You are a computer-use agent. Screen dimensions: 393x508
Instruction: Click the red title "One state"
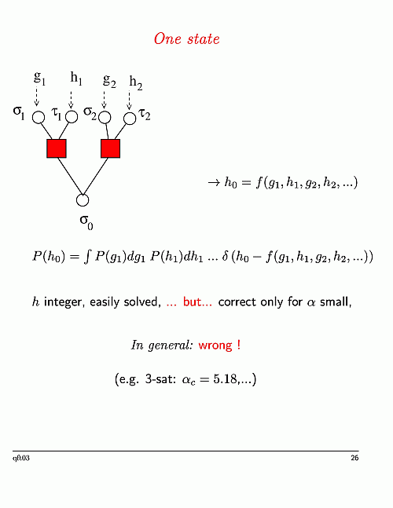pyautogui.click(x=187, y=39)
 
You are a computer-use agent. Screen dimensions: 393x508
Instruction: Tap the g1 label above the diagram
pyautogui.click(x=39, y=78)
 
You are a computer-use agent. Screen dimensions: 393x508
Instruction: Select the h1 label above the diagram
pyautogui.click(x=76, y=79)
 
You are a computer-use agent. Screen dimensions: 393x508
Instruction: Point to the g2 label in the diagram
pyautogui.click(x=109, y=81)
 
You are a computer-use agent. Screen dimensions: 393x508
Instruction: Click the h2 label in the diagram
pyautogui.click(x=136, y=83)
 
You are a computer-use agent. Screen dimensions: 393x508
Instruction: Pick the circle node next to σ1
pyautogui.click(x=39, y=117)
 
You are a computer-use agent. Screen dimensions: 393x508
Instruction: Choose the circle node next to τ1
pyautogui.click(x=72, y=117)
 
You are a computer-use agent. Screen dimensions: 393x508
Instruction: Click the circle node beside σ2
pyautogui.click(x=105, y=118)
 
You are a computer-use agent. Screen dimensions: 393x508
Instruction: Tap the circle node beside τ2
pyautogui.click(x=130, y=119)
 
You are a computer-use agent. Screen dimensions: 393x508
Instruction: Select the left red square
pyautogui.click(x=57, y=148)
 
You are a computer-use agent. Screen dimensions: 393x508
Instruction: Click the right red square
pyautogui.click(x=110, y=148)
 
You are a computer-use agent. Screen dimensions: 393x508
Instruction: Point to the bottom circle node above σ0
pyautogui.click(x=83, y=200)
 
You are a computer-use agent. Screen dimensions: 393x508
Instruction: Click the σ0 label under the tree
pyautogui.click(x=86, y=222)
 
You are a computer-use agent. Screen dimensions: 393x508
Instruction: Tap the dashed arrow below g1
pyautogui.click(x=36, y=97)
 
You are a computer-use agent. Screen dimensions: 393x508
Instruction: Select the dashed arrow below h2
pyautogui.click(x=129, y=101)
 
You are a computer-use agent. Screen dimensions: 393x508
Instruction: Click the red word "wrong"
pyautogui.click(x=215, y=345)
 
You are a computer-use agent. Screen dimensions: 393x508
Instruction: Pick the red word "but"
pyautogui.click(x=193, y=302)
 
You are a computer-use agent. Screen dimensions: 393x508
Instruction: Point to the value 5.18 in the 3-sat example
pyautogui.click(x=226, y=378)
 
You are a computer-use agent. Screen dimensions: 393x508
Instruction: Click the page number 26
pyautogui.click(x=354, y=458)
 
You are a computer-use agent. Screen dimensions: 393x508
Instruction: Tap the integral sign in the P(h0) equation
pyautogui.click(x=86, y=258)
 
